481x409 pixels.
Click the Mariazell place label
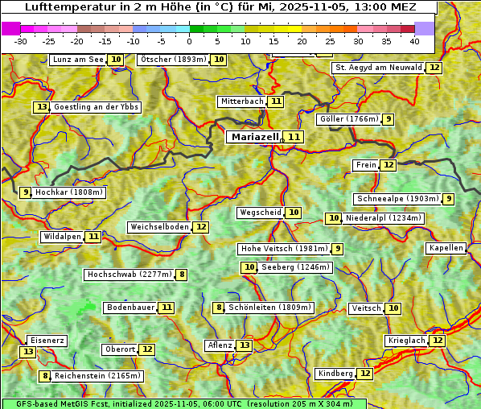(x=254, y=137)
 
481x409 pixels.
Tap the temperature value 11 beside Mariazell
(x=294, y=138)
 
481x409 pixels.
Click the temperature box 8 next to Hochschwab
(x=183, y=275)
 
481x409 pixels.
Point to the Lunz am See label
(x=77, y=60)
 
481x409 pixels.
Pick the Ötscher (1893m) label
(x=173, y=60)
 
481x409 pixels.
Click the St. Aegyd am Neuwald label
(x=377, y=68)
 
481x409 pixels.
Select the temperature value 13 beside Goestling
(x=42, y=107)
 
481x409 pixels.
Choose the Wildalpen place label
(x=62, y=237)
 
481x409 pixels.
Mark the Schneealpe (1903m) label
(x=397, y=199)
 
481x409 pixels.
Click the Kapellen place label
(x=446, y=248)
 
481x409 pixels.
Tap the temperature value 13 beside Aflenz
(x=245, y=345)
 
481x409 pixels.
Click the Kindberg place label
(x=335, y=374)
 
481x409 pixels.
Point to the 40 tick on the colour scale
(x=413, y=41)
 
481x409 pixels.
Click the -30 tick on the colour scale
(x=21, y=41)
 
